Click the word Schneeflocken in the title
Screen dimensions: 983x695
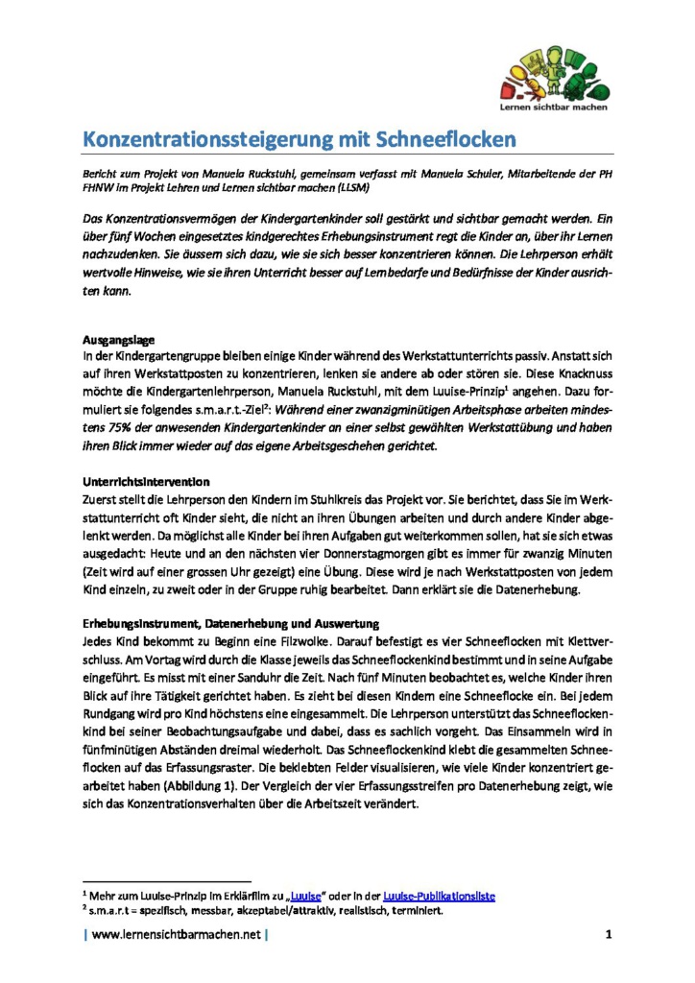click(x=439, y=140)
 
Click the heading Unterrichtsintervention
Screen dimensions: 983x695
click(x=144, y=479)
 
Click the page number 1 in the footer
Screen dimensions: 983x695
click(x=609, y=934)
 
